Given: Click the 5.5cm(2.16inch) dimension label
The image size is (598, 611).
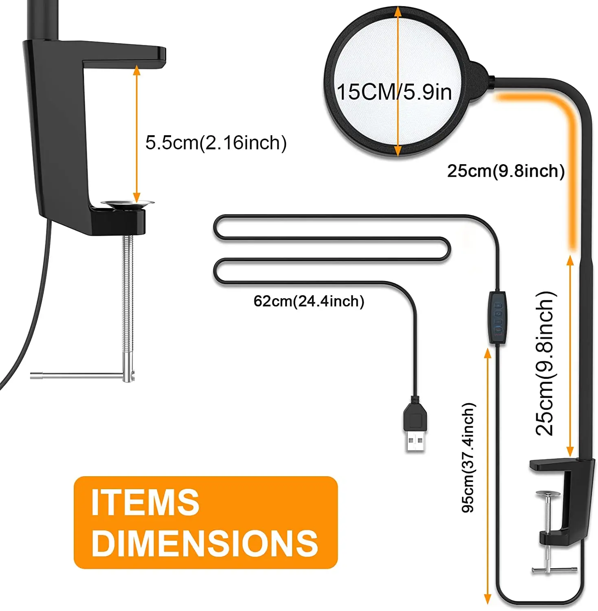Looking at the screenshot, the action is click(216, 143).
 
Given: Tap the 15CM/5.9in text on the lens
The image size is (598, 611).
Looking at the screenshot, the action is click(394, 92).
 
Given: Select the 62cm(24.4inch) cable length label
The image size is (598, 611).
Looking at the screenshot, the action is click(309, 301).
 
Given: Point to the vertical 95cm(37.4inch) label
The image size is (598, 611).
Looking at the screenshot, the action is click(468, 457).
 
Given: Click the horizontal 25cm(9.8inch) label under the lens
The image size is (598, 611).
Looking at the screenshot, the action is click(506, 171).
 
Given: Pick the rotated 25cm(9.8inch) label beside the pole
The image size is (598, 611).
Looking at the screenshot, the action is click(545, 363).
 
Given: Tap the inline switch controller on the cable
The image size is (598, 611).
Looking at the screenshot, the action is click(497, 318).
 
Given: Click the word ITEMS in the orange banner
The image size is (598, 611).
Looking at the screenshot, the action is click(145, 502).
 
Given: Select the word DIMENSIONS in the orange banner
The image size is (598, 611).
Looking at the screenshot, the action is click(204, 543).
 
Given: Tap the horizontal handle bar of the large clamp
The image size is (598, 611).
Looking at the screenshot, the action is click(77, 376).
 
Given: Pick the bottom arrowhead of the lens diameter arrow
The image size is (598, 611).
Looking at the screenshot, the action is click(398, 152).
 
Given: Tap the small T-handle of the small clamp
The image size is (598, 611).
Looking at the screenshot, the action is click(554, 569).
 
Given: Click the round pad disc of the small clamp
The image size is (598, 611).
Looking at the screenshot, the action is click(548, 494).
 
